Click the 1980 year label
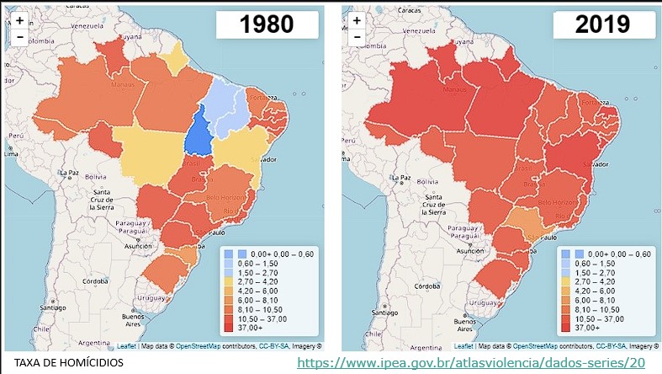[x=267, y=24]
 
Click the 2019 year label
[x=602, y=24]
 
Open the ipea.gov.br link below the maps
[x=471, y=362]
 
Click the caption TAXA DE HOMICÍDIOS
[x=63, y=362]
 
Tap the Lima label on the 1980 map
[x=12, y=154]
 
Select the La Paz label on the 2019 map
[x=402, y=179]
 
